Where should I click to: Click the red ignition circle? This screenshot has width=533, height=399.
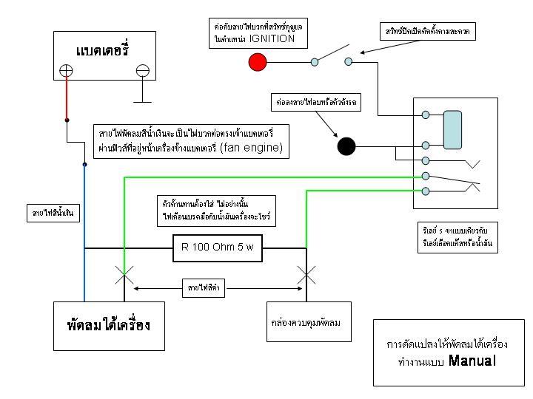[x=258, y=61]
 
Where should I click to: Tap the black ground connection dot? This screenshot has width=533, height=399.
[x=346, y=146]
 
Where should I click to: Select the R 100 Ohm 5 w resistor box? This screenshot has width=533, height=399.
[x=217, y=247]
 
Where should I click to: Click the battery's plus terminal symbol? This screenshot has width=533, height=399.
[x=67, y=71]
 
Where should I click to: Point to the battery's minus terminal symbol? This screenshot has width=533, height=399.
[x=143, y=71]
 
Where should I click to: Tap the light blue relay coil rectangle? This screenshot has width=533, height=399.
[x=452, y=130]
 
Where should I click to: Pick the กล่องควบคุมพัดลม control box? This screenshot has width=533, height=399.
[x=308, y=324]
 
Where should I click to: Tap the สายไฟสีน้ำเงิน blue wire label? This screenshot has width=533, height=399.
[x=53, y=214]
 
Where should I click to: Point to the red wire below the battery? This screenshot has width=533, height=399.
[x=67, y=100]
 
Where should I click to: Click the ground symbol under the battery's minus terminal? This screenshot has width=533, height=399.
[x=143, y=99]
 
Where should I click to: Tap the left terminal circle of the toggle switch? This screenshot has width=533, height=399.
[x=315, y=62]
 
